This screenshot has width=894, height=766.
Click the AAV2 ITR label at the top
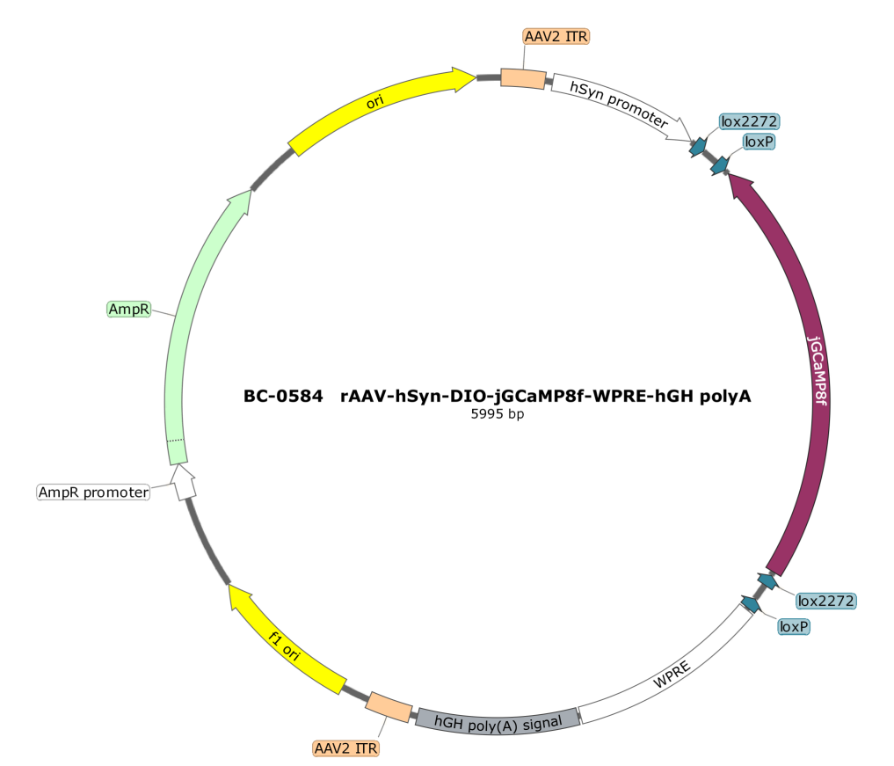point(556,37)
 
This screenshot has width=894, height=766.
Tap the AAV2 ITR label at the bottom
point(346,748)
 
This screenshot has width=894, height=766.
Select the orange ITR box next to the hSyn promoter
point(523,78)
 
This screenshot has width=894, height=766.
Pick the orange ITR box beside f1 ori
point(389,707)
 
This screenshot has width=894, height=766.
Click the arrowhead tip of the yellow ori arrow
point(476,77)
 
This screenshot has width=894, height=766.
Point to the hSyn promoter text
point(619,105)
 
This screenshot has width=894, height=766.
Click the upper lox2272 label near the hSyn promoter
point(749,121)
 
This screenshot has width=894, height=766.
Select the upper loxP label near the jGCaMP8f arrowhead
point(759,142)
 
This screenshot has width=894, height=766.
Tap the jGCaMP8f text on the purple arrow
point(818,371)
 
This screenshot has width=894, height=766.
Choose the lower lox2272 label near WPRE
point(826,601)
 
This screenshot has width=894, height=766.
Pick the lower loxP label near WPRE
point(794,626)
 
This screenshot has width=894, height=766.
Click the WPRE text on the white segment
point(672,675)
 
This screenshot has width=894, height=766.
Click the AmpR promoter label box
point(93,492)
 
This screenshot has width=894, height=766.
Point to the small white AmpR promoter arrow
point(184,483)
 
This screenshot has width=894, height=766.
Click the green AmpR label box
point(129,310)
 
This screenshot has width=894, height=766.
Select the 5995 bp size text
point(498,414)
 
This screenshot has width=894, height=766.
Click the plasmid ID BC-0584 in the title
point(283,396)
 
